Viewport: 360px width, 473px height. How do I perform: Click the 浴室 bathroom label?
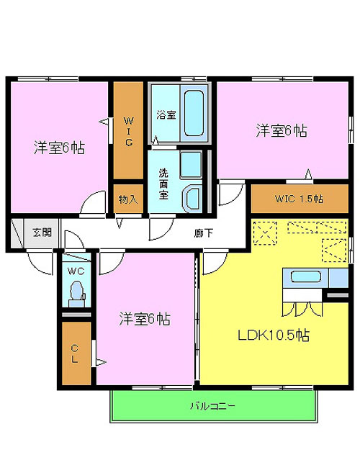(166, 115)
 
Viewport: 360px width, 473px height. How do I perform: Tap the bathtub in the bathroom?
(194, 113)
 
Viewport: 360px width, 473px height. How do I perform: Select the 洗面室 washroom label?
(163, 184)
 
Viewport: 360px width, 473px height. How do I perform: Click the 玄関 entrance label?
(42, 233)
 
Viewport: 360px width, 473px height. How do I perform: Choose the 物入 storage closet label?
(128, 199)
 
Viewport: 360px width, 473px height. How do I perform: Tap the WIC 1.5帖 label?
(299, 199)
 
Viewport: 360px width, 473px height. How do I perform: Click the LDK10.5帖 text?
(274, 335)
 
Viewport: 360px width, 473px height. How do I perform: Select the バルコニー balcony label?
(212, 406)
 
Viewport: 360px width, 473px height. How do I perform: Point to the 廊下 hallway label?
(204, 233)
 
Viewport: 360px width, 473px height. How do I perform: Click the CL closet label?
(75, 353)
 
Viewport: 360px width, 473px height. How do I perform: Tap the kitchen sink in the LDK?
(306, 276)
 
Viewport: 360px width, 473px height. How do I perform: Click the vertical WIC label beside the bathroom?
(129, 132)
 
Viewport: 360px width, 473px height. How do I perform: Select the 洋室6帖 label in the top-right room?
(282, 131)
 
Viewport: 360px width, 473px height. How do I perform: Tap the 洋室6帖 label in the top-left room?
(59, 148)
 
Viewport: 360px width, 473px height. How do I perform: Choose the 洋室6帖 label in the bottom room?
(145, 319)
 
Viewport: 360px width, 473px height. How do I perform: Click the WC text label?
(76, 271)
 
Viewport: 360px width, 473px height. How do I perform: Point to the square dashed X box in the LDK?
(265, 234)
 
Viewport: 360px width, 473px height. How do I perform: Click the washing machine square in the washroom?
(191, 164)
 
